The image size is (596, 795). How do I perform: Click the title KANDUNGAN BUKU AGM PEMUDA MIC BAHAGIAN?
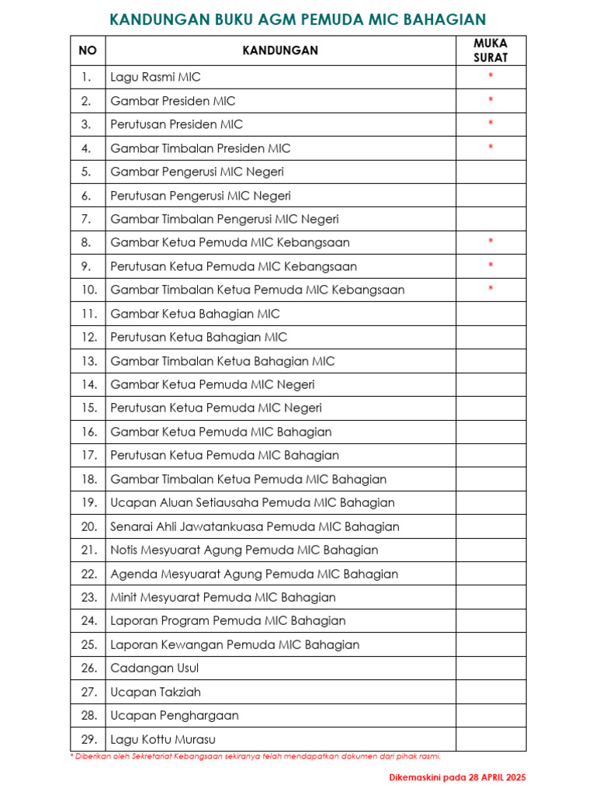(298, 19)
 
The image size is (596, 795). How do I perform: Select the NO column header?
(88, 50)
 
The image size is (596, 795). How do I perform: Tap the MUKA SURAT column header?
(490, 50)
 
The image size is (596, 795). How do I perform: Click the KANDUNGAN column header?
(280, 50)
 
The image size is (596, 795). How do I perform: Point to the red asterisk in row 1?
(490, 76)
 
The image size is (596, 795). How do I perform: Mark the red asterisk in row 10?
(490, 290)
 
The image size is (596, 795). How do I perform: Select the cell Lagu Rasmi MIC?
(155, 77)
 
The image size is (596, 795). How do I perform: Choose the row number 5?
(86, 172)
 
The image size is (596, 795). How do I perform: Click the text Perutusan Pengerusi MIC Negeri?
(200, 196)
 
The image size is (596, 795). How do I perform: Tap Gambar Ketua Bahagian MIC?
(195, 314)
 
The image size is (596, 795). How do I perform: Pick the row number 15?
(88, 408)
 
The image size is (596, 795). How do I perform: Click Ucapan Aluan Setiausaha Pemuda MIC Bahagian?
(252, 502)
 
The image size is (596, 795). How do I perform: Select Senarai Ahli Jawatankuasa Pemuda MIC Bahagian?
(255, 526)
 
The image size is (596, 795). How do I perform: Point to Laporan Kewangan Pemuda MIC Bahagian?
(234, 644)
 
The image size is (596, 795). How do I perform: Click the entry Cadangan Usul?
(154, 668)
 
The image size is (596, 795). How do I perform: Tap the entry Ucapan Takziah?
(152, 692)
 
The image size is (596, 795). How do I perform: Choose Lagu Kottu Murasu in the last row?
(162, 739)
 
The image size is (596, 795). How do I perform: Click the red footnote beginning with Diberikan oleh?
(260, 755)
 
